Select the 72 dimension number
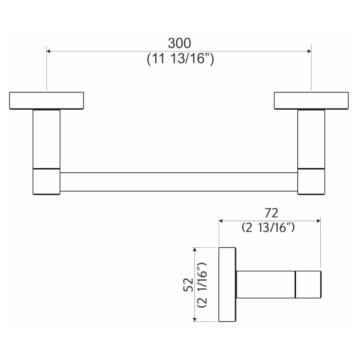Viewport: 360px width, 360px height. (x=271, y=213)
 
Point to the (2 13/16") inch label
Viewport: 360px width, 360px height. (x=269, y=228)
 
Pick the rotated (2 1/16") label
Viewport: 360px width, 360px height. (x=202, y=284)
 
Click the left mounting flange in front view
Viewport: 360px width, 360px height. (x=46, y=100)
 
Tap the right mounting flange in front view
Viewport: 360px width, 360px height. (x=311, y=100)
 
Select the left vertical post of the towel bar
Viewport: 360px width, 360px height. (x=46, y=139)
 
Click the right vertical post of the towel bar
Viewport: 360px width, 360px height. (x=311, y=139)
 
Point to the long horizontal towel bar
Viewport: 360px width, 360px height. (x=179, y=182)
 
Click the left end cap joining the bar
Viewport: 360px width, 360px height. (x=46, y=181)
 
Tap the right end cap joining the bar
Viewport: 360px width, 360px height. (x=311, y=181)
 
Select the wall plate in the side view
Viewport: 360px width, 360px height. (x=227, y=284)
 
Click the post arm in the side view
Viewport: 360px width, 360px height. (x=265, y=284)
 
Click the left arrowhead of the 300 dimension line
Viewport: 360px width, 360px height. (x=49, y=51)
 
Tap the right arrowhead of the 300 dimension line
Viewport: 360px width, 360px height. (x=309, y=51)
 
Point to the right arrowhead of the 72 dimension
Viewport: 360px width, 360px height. (x=319, y=220)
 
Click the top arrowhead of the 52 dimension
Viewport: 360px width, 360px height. (x=195, y=249)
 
